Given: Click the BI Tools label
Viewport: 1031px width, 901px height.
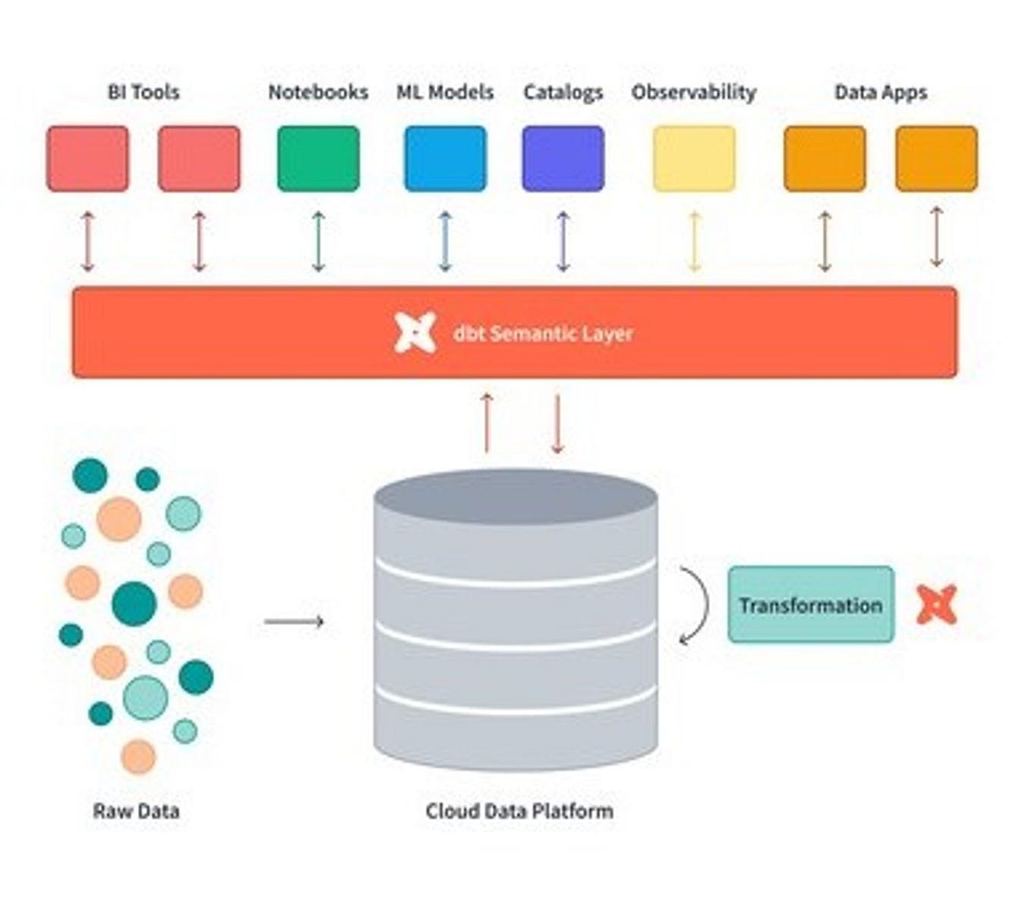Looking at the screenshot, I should [143, 92].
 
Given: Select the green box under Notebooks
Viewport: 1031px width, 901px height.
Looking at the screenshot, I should [318, 159].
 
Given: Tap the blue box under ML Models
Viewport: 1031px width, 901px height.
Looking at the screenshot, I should [445, 159].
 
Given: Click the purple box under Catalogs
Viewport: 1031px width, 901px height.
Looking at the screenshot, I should [563, 159].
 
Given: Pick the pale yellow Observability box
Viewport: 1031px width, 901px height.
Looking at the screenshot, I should [694, 159].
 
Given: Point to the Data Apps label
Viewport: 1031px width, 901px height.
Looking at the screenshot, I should [881, 92].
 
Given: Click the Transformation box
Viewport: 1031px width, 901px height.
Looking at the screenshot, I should [811, 605].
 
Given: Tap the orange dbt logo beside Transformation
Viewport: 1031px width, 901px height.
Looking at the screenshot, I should [936, 605].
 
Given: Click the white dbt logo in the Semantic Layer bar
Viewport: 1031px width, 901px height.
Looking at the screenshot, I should [415, 333].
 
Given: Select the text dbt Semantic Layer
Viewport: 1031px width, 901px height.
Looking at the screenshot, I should [543, 334].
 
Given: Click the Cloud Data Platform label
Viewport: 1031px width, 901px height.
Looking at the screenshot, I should [519, 811].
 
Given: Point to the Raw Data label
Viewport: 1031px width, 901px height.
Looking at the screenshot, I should [136, 811].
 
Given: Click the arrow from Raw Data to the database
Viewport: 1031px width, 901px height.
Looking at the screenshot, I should [294, 621].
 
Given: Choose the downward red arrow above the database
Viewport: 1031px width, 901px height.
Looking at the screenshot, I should [557, 423].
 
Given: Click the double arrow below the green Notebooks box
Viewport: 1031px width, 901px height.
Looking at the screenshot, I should [318, 242].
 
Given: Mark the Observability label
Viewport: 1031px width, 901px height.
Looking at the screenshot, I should [694, 92].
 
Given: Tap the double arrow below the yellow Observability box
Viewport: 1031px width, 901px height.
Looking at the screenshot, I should [694, 242].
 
